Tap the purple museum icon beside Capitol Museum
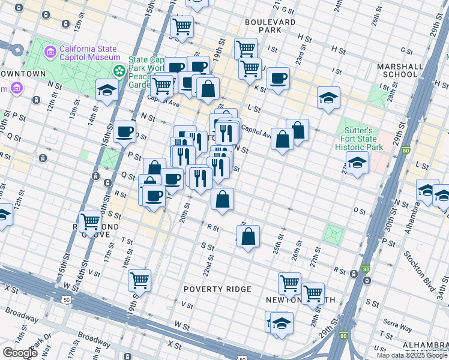pos(50,53)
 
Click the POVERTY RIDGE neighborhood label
pos(217,289)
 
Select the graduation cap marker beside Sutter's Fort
pos(357,163)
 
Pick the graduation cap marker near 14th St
pos(107,91)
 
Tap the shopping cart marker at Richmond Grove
pos(91,221)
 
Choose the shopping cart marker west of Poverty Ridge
pos(139,279)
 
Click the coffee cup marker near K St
pos(278,78)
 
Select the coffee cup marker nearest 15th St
pos(124,131)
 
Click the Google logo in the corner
pos(20,353)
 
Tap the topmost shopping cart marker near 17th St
pos(181,26)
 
